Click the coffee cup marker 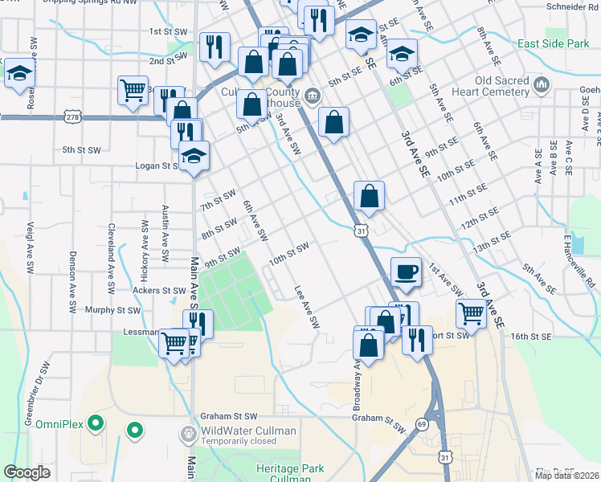407,271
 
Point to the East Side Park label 554,43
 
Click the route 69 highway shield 421,423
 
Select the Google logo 27,472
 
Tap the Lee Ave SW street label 307,308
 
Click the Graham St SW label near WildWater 229,416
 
